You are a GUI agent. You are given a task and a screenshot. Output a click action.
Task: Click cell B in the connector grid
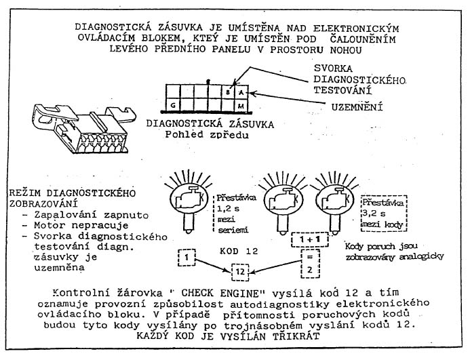(x=229, y=92)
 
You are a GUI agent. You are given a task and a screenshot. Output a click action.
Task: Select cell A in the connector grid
(x=242, y=92)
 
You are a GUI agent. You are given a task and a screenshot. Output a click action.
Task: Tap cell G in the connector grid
(x=173, y=105)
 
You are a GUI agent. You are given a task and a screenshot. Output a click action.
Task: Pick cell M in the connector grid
(x=242, y=105)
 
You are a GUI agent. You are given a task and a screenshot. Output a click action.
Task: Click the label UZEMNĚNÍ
(x=357, y=107)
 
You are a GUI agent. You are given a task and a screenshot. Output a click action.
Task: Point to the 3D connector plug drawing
(x=84, y=128)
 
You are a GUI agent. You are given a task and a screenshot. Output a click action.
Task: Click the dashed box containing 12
(x=240, y=272)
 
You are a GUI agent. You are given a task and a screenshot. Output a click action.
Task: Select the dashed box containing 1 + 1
(x=310, y=239)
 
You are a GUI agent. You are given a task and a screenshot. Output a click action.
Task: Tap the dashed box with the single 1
(x=187, y=258)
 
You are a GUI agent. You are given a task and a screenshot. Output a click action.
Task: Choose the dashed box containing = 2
(x=310, y=264)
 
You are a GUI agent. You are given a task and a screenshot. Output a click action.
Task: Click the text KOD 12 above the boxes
(x=239, y=251)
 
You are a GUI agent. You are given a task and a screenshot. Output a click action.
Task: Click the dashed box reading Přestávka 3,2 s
(x=384, y=214)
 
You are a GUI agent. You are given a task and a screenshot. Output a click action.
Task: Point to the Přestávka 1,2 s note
(x=235, y=214)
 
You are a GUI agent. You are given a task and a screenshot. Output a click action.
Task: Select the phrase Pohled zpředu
(x=207, y=134)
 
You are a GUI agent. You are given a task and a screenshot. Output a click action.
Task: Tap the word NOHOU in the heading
(x=346, y=49)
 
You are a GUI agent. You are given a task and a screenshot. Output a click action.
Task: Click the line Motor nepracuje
(x=81, y=225)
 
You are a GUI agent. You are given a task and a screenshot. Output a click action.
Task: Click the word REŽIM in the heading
(x=25, y=193)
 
